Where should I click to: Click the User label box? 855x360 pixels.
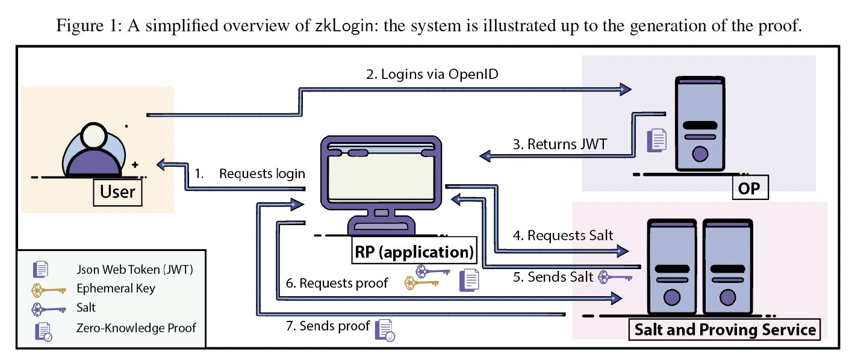coord(117,191)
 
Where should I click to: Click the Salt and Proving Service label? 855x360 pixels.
coord(725,330)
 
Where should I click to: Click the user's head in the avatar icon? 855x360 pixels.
coord(93,140)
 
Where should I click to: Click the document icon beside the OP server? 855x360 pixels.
coord(656,140)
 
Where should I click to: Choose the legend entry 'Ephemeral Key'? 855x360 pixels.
coord(116,288)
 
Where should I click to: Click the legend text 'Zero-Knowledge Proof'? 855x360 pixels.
coord(136,328)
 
